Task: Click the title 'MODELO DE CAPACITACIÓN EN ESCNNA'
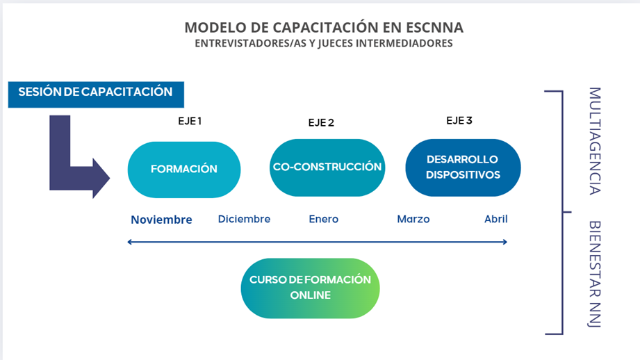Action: (324, 27)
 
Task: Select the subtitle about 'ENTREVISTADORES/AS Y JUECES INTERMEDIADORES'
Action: (324, 43)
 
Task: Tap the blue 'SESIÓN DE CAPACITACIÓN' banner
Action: (96, 95)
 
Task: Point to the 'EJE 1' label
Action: (190, 121)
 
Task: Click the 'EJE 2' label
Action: (321, 122)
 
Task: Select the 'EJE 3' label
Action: (459, 120)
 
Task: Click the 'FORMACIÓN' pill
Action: (184, 170)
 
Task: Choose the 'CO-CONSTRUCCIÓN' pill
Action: (327, 167)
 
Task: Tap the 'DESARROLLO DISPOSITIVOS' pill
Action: (463, 167)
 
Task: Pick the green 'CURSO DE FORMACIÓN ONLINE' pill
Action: (310, 288)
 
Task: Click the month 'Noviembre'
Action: (162, 220)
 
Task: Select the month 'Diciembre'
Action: (244, 219)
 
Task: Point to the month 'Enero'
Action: (324, 219)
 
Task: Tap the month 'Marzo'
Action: (413, 219)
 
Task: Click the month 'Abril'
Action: (496, 219)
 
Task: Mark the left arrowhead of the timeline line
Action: (129, 242)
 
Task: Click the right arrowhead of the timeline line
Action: (505, 242)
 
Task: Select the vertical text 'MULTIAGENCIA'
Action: (595, 141)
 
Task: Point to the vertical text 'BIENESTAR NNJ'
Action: (595, 274)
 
